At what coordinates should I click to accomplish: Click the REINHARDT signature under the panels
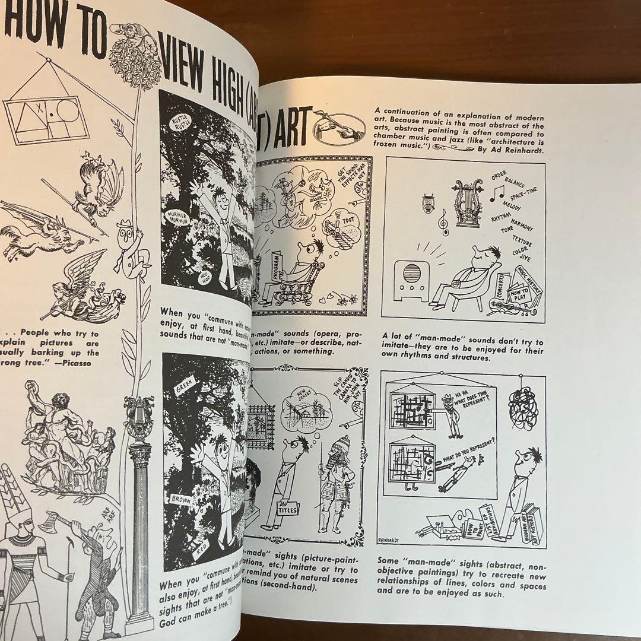click(x=391, y=540)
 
